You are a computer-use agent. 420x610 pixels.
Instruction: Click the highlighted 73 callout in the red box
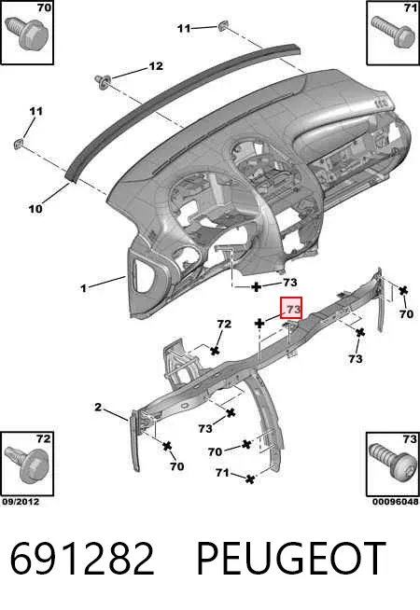pyautogui.click(x=293, y=310)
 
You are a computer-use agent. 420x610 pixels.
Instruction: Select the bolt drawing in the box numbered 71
pyautogui.click(x=392, y=32)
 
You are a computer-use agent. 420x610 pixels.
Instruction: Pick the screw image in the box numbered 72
pyautogui.click(x=26, y=465)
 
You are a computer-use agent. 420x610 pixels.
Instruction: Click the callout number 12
pyautogui.click(x=156, y=66)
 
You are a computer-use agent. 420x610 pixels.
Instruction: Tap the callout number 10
pyautogui.click(x=35, y=209)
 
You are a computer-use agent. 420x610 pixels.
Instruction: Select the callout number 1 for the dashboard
pyautogui.click(x=83, y=288)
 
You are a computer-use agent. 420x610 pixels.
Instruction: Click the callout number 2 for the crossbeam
pyautogui.click(x=98, y=408)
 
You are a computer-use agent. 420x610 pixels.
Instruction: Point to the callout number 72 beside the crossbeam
pyautogui.click(x=224, y=324)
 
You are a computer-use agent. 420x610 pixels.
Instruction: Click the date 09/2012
pyautogui.click(x=21, y=502)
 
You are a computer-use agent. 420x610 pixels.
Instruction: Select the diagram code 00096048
pyautogui.click(x=396, y=502)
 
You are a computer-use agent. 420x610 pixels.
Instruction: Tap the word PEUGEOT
pyautogui.click(x=291, y=559)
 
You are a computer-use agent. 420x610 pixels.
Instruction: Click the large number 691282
pyautogui.click(x=82, y=559)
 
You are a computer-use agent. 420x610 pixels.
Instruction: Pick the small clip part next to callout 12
pyautogui.click(x=103, y=81)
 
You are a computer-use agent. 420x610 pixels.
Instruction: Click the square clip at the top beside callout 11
pyautogui.click(x=223, y=26)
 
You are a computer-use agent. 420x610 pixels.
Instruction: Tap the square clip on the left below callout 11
pyautogui.click(x=19, y=145)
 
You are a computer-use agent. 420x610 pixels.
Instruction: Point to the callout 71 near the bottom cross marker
pyautogui.click(x=222, y=473)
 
